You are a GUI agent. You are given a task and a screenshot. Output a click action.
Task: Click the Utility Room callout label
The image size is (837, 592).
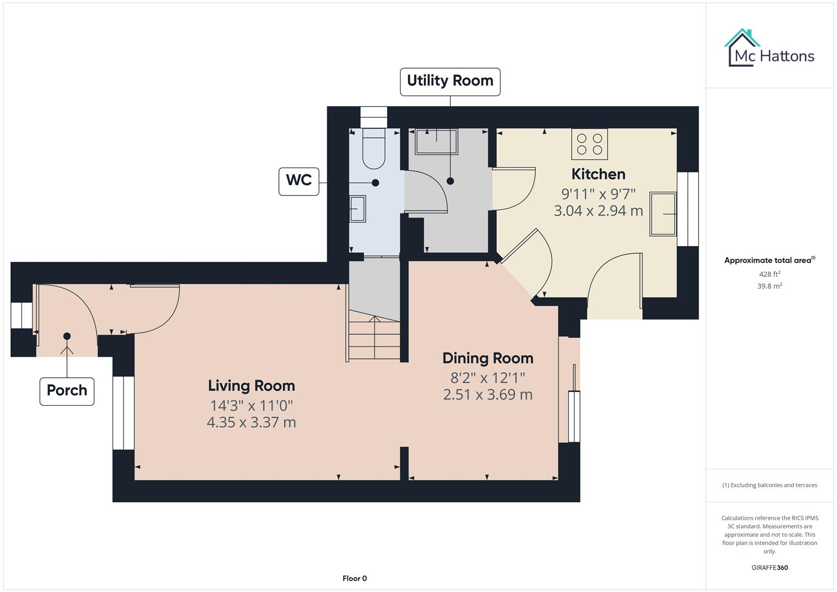point(449,81)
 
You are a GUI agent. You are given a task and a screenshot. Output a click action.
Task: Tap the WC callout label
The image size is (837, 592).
point(299,180)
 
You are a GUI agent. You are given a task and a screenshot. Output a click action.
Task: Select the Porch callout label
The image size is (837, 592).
point(67,391)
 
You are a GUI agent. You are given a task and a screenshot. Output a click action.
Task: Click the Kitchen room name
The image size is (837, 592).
point(598,174)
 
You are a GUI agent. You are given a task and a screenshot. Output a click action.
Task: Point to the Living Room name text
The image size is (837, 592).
point(252,386)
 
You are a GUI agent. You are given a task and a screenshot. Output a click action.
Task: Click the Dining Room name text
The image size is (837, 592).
point(488,358)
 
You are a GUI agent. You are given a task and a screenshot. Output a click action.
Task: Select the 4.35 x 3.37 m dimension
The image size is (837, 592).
point(252,422)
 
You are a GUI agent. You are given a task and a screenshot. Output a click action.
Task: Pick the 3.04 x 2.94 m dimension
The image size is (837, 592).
point(598,210)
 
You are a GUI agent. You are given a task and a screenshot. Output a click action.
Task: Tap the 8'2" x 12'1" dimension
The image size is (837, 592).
point(488,378)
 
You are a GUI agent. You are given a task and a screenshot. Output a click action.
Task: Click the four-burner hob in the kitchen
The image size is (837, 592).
point(589,144)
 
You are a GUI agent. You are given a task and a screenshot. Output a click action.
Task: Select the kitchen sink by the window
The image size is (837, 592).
point(663,214)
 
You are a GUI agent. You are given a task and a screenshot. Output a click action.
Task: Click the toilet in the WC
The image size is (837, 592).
point(374,149)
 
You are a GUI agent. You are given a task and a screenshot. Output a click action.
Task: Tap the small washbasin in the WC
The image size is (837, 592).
point(357,209)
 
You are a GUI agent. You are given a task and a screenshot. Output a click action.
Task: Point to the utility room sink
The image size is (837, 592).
point(436,142)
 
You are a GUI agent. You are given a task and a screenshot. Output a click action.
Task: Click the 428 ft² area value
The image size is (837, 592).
point(769,274)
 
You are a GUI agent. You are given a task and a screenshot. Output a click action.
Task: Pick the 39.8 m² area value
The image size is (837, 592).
point(769,286)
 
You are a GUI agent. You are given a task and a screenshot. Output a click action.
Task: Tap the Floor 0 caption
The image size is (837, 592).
point(355,578)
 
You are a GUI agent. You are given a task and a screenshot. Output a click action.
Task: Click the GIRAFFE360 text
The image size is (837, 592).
point(769,567)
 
